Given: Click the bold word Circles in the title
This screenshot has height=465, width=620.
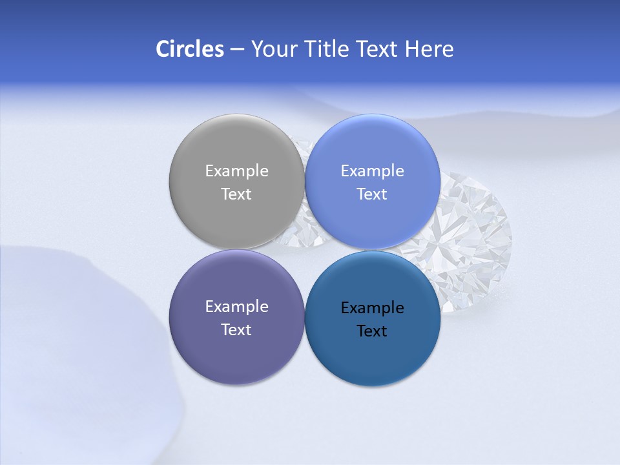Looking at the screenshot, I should coord(190,49).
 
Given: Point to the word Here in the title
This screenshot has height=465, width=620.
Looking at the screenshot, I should coord(429,49).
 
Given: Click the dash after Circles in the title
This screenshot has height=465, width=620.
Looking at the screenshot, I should coord(237,50).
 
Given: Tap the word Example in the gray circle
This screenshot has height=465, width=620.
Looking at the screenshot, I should coord(236,171).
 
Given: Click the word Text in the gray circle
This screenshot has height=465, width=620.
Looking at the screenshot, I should coord(236,194).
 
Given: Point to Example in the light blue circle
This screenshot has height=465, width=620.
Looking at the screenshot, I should coord(372,171).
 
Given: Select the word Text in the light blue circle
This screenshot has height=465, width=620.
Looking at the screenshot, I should coord(372,194).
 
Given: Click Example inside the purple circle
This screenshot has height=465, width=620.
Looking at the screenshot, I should coord(236,307).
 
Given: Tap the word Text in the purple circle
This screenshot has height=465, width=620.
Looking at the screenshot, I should coord(236,330).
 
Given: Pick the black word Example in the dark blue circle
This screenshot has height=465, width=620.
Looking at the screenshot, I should coord(372,308).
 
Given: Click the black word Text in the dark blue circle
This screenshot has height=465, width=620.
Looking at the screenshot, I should coord(372,331).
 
